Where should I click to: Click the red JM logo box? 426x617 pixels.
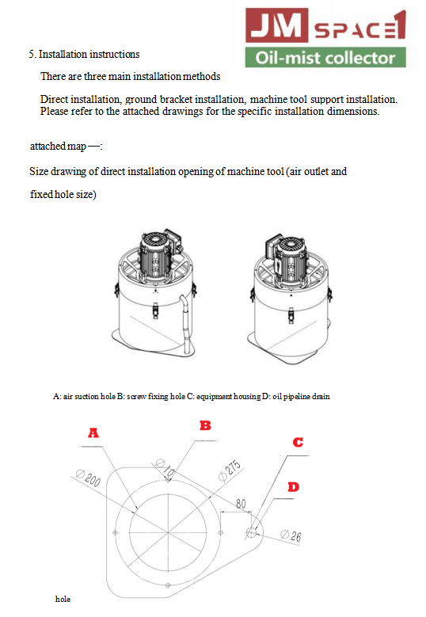(276, 25)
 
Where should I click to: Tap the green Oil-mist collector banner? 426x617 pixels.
(325, 58)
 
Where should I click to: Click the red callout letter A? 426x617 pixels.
(93, 432)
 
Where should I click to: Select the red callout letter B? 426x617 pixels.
(205, 425)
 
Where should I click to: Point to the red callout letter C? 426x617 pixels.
(299, 442)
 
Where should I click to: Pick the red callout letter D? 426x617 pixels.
(294, 487)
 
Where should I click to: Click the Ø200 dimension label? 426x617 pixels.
(88, 478)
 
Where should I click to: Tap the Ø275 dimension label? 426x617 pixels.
(230, 470)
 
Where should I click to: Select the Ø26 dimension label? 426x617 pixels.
(291, 535)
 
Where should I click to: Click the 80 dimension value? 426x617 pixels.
(241, 504)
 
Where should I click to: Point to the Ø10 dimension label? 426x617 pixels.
(165, 467)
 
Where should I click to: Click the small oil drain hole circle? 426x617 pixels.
(251, 533)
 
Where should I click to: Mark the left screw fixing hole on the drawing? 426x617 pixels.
(116, 533)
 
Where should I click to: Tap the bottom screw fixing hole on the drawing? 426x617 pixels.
(168, 585)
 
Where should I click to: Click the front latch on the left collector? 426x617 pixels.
(155, 310)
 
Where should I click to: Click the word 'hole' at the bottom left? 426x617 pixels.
(63, 599)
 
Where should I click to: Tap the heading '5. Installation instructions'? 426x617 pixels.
(84, 55)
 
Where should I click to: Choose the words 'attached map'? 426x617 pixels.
(59, 147)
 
